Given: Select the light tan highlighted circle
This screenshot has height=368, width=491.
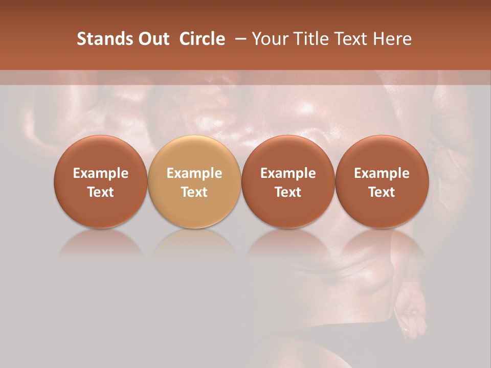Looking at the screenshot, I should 194,182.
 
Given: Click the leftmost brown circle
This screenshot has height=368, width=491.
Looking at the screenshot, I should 101,182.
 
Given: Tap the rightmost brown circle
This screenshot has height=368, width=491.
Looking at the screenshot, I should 382,182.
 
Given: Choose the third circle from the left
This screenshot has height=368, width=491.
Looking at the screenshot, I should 288,182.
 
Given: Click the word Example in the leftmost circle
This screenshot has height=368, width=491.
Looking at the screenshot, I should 101,173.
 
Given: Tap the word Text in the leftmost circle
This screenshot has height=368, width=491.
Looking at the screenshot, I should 101,192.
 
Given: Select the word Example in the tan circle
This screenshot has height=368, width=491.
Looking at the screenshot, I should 194,173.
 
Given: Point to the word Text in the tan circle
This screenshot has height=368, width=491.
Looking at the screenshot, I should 194,192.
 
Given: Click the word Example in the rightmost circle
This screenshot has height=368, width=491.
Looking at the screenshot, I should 382,173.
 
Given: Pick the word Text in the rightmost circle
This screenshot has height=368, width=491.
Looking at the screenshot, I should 382,192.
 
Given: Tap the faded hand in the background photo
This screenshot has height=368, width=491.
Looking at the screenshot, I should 412,312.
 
